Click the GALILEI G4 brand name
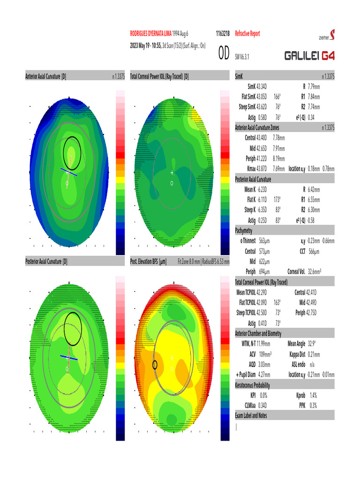click(x=309, y=56)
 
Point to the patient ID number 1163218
click(x=222, y=34)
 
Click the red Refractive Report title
click(x=247, y=34)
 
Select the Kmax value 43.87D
click(x=265, y=167)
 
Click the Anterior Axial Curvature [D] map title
click(x=45, y=76)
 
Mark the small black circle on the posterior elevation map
click(x=155, y=365)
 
